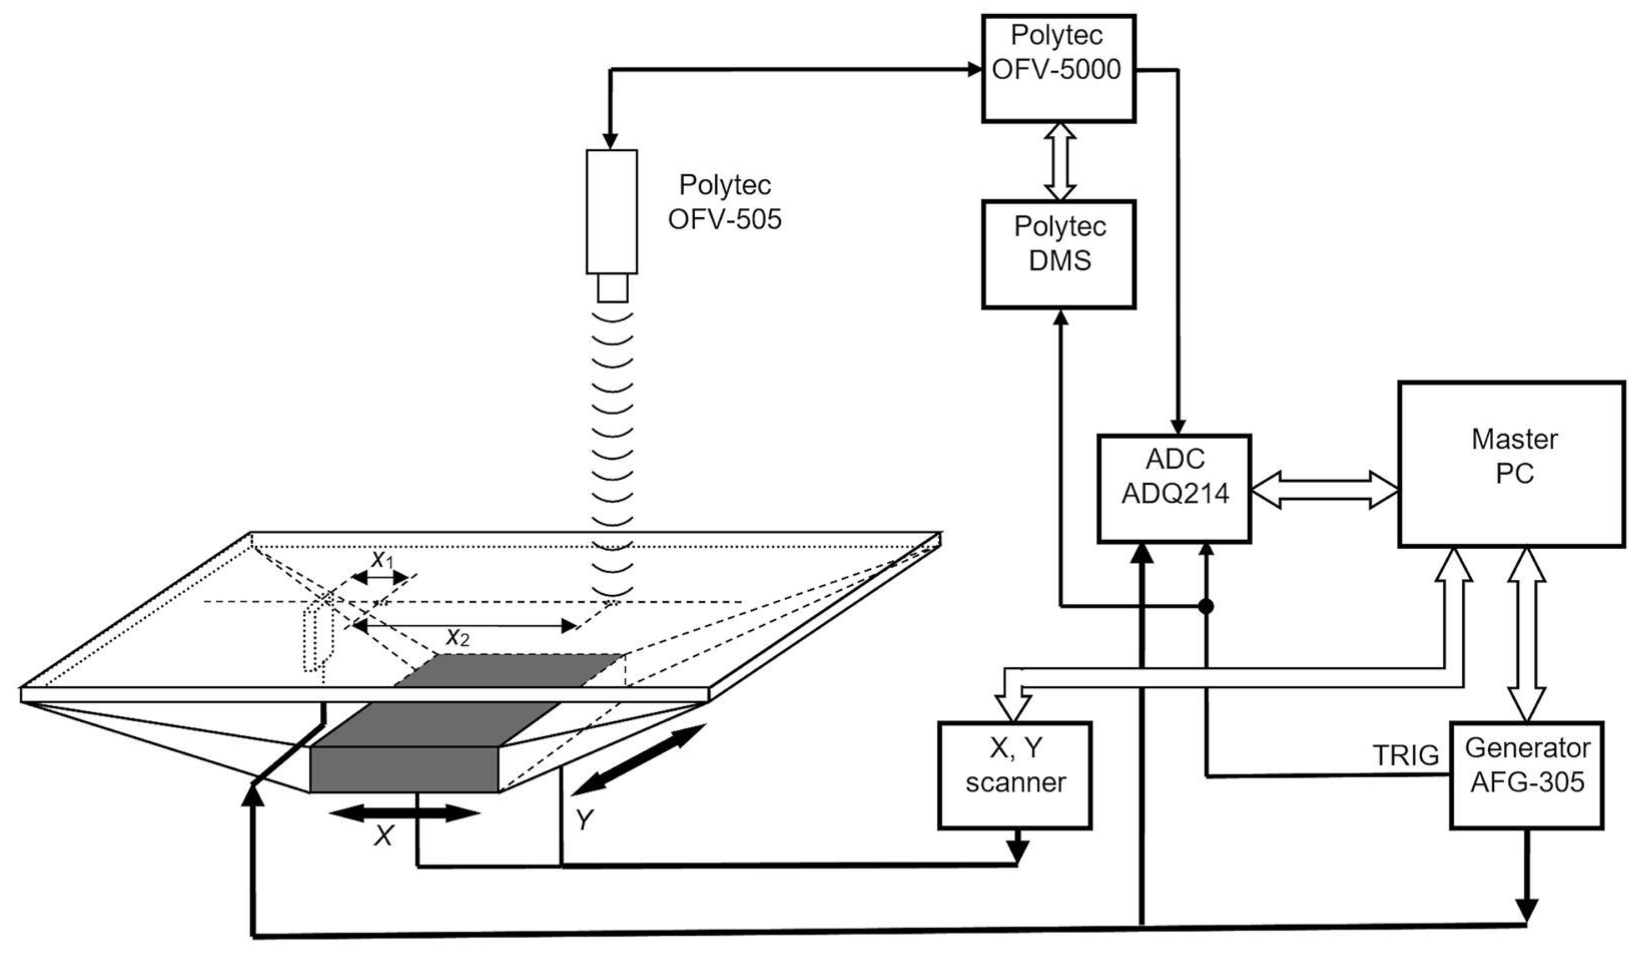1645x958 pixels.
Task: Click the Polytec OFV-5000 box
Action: tap(1058, 68)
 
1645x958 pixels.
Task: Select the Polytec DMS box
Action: tap(1058, 254)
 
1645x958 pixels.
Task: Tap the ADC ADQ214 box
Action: tap(1174, 488)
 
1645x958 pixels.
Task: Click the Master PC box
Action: tap(1511, 464)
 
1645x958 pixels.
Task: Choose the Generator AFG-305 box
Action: tap(1526, 775)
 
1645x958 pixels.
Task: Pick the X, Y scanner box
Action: tap(1015, 775)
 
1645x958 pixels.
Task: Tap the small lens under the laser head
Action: tap(612, 288)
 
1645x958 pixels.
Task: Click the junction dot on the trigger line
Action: tap(1206, 607)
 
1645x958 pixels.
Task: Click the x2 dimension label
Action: tap(457, 637)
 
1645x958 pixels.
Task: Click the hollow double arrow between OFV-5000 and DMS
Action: tap(1060, 161)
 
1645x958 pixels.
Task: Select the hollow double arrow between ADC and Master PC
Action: tap(1324, 489)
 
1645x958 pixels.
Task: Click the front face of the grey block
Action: tap(404, 770)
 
